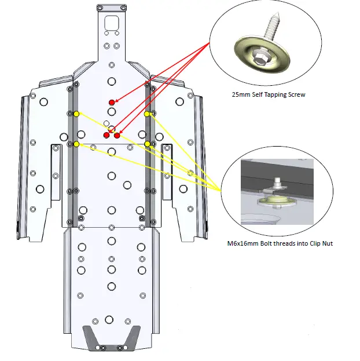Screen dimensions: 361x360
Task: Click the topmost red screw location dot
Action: click(112, 103)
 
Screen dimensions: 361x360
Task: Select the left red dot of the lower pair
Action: click(106, 135)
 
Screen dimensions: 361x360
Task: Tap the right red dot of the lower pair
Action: click(117, 136)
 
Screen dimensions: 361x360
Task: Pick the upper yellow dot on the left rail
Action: click(76, 114)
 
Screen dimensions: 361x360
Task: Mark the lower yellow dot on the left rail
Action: click(76, 144)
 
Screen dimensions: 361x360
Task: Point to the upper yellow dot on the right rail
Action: click(147, 114)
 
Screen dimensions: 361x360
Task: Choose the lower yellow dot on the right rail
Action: click(147, 144)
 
